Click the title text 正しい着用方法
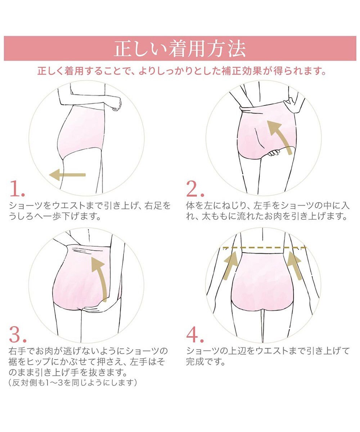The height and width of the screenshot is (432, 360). point(180,49)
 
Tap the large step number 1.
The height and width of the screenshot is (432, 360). point(17,189)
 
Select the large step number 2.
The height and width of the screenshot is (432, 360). point(195,189)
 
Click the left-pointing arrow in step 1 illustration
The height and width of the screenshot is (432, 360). point(67,175)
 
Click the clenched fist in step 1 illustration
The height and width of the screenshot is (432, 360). point(117,104)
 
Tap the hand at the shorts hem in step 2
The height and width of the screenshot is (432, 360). point(274,153)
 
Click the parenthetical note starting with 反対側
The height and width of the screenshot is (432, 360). point(73,383)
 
